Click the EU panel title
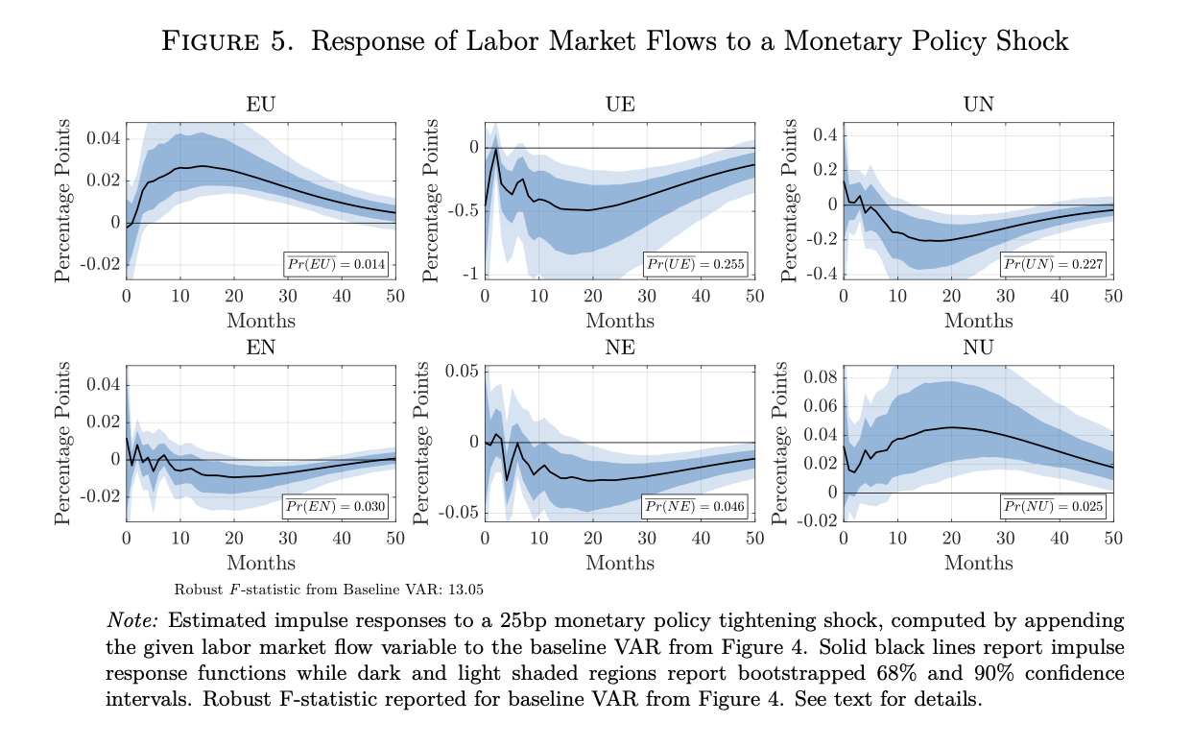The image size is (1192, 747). [261, 105]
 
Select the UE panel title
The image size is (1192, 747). [620, 105]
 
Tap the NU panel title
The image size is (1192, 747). [978, 348]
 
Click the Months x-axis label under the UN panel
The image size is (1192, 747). [978, 321]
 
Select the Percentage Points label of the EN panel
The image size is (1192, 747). [62, 444]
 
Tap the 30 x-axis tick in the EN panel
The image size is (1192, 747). [288, 538]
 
